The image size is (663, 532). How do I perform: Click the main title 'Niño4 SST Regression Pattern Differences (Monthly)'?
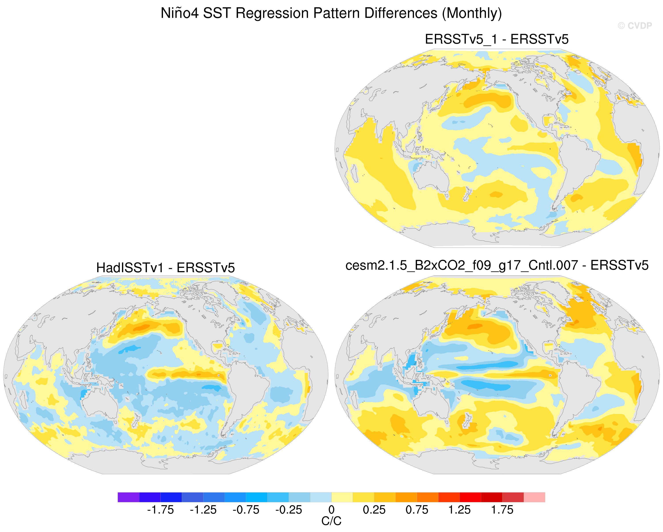click(331, 13)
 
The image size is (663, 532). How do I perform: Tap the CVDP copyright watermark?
click(635, 26)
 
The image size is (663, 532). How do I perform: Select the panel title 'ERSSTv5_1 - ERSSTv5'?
click(497, 39)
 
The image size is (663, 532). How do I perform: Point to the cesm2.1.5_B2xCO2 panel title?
click(497, 265)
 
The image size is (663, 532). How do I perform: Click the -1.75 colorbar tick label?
click(161, 510)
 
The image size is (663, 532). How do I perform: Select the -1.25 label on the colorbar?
click(203, 510)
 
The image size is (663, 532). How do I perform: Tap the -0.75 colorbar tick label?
click(246, 510)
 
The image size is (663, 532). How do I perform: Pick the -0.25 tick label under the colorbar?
click(289, 510)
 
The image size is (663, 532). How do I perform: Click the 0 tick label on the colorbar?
click(331, 510)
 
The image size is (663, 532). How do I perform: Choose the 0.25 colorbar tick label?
click(374, 510)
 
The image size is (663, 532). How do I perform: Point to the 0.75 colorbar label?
click(417, 510)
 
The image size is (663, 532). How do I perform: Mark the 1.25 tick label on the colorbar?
click(459, 510)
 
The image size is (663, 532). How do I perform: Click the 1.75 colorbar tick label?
click(502, 510)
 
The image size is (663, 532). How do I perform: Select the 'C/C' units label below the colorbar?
click(331, 521)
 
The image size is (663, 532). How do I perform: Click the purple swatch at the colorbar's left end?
click(129, 497)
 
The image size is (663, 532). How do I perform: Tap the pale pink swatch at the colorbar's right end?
click(534, 497)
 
